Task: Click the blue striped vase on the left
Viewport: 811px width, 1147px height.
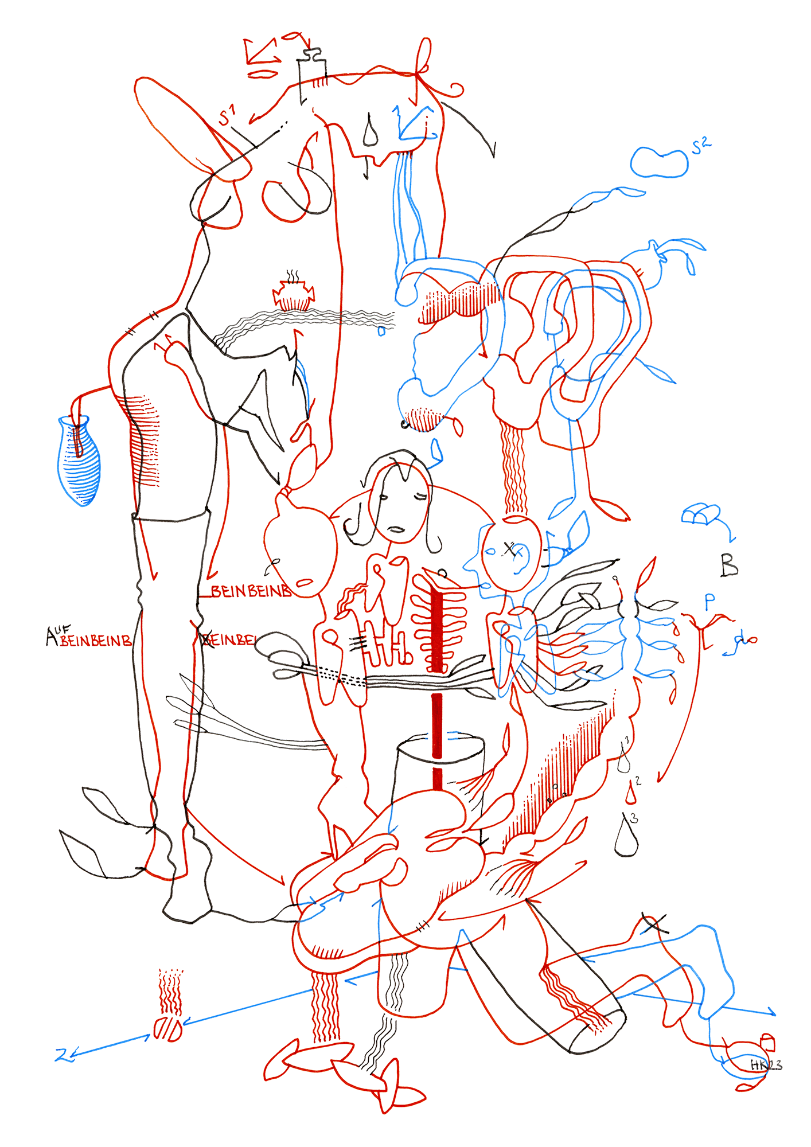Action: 80,462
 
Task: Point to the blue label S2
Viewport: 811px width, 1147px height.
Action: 701,146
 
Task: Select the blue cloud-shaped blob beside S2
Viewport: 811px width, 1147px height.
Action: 659,162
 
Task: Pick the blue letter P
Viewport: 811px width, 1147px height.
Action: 710,601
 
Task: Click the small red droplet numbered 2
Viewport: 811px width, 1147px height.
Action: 631,794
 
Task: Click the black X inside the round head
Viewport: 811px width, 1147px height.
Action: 509,549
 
